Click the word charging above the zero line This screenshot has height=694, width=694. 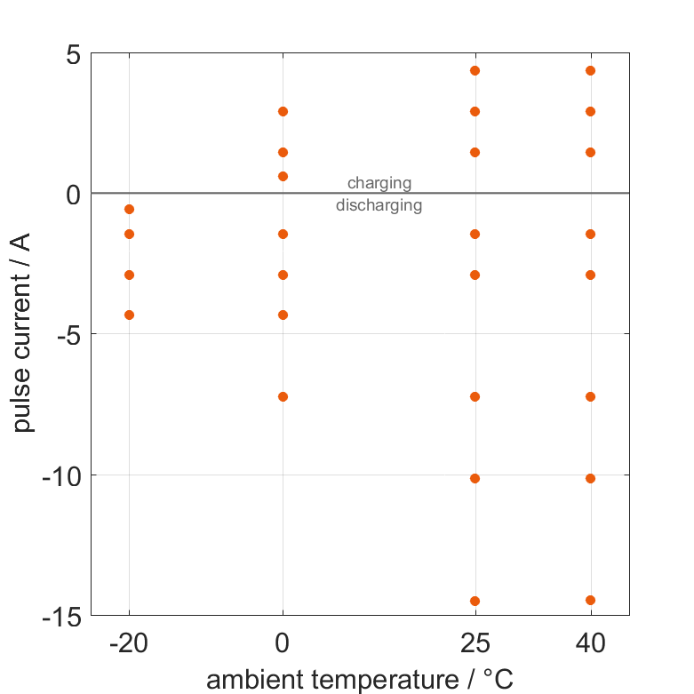[x=379, y=183]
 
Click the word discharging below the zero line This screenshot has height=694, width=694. [x=379, y=205]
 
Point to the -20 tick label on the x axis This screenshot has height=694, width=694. [x=129, y=643]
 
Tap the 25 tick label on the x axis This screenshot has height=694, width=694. [x=475, y=643]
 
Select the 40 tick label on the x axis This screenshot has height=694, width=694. [x=590, y=643]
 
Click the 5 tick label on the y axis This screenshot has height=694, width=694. [x=72, y=55]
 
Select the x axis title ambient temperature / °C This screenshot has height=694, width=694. [x=360, y=680]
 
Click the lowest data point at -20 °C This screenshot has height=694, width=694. [x=129, y=315]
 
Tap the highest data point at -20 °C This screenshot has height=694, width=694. [x=129, y=209]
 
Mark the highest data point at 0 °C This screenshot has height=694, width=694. [x=283, y=111]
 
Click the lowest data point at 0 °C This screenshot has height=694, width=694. [x=283, y=396]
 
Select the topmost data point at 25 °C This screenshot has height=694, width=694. [x=475, y=70]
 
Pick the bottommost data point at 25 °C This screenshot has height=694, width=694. [x=475, y=601]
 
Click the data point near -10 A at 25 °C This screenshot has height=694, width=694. [x=475, y=478]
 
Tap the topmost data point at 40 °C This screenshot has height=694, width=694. [x=590, y=70]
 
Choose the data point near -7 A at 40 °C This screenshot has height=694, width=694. [x=590, y=396]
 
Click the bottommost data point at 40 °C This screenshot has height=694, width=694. [x=590, y=600]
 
